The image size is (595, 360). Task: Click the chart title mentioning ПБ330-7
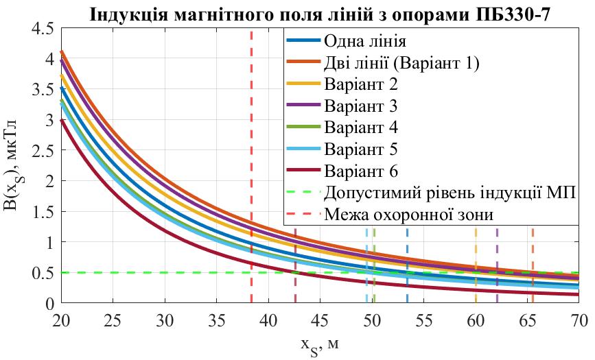[x=319, y=13]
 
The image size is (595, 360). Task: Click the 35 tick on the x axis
[x=216, y=321]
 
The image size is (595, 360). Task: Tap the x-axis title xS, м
[x=320, y=344]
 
